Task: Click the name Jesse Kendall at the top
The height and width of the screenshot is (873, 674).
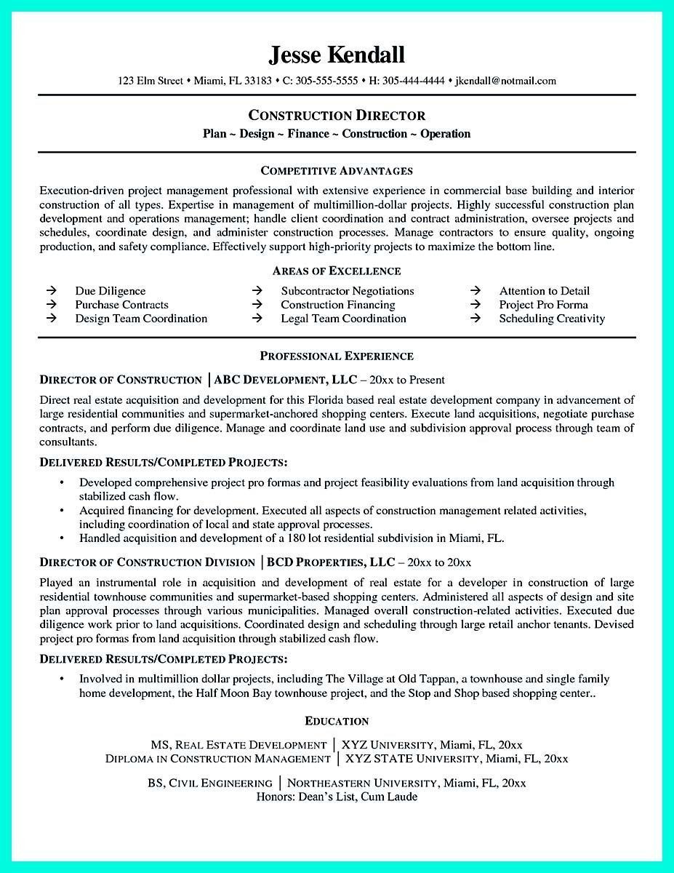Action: click(337, 55)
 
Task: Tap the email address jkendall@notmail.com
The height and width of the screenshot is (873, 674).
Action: click(505, 81)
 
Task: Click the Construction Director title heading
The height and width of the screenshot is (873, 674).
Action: click(337, 116)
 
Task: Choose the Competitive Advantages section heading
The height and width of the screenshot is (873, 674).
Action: click(337, 171)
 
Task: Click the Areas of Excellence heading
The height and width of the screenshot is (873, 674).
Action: click(337, 271)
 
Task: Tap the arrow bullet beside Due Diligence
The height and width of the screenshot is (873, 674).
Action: click(52, 291)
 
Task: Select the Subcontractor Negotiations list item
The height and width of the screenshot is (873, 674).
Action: click(347, 291)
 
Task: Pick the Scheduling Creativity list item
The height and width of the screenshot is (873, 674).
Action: click(551, 319)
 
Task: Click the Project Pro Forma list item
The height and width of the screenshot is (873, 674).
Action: click(543, 305)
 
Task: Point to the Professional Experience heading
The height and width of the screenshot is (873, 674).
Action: click(337, 356)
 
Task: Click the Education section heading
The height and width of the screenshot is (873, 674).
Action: click(337, 721)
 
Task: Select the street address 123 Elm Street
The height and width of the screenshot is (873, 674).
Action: click(151, 81)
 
